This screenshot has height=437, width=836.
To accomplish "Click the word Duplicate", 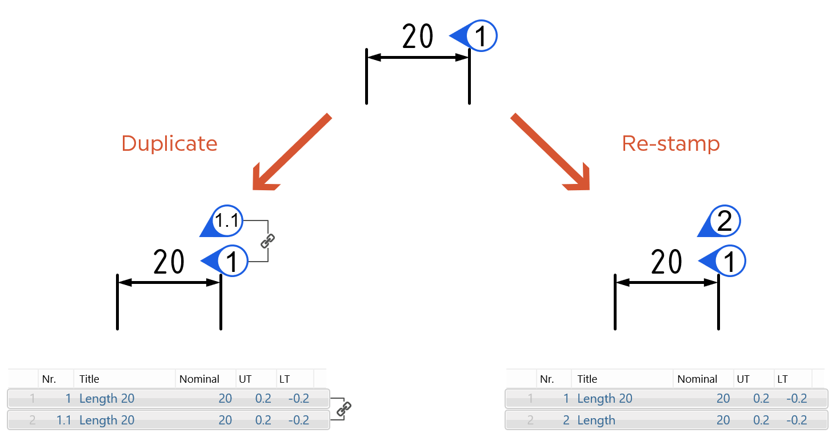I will point(169,143).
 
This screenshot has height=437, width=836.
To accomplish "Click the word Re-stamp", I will point(670,143).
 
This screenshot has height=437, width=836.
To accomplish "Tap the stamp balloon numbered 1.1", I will point(226,221).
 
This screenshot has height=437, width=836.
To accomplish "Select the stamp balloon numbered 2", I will point(723,221).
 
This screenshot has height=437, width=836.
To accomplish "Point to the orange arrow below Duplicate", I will point(291,152).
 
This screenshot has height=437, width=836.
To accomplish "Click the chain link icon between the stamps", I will point(267,241).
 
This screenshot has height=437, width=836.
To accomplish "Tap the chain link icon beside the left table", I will point(343,409).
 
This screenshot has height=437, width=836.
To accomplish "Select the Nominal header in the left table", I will point(199,379).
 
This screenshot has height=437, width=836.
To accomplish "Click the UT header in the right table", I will point(743,379).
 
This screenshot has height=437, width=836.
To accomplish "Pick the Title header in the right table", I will point(587,379).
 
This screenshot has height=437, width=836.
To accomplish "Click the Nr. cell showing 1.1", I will point(63,420).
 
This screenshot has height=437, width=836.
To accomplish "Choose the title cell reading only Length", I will point(596,420).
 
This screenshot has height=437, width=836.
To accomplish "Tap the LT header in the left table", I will point(284,379).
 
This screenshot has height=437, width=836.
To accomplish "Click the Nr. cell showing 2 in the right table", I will point(566,420).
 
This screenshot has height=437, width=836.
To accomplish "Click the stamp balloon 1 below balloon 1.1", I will point(231,262).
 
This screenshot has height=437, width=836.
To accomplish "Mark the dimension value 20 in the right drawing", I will point(666,263).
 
